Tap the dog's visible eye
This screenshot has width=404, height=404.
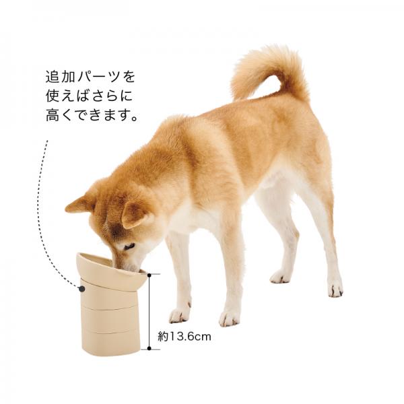click(129, 246)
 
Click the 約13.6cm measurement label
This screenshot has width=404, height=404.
click(184, 337)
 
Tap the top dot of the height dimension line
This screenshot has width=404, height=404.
click(149, 275)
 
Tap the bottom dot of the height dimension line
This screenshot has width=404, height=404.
click(149, 349)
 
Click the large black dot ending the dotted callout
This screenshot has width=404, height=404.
click(82, 289)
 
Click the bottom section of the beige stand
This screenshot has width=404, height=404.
click(111, 342)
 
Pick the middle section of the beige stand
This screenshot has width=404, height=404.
click(110, 318)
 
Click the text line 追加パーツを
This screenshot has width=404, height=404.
click(90, 77)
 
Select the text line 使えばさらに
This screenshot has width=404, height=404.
click(89, 96)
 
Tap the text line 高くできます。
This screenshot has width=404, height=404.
click(92, 115)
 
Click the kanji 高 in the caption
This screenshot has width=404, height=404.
click(53, 115)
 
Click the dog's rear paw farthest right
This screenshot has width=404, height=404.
click(335, 290)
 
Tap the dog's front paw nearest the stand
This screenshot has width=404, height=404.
click(179, 315)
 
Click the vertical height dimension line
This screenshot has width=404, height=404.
click(149, 312)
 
